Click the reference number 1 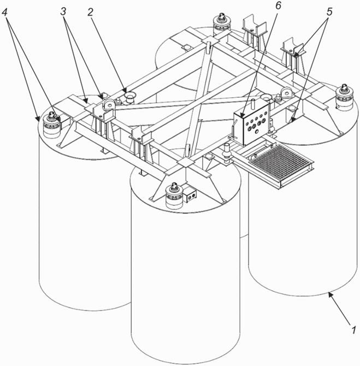tap(354, 330)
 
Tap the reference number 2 tap(90, 12)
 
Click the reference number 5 tap(329, 11)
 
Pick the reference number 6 tap(278, 5)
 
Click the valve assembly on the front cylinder tap(174, 196)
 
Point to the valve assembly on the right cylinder tap(344, 97)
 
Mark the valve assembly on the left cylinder tap(51, 125)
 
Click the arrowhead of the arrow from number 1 tap(330, 294)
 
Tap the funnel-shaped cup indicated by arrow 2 tap(129, 96)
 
